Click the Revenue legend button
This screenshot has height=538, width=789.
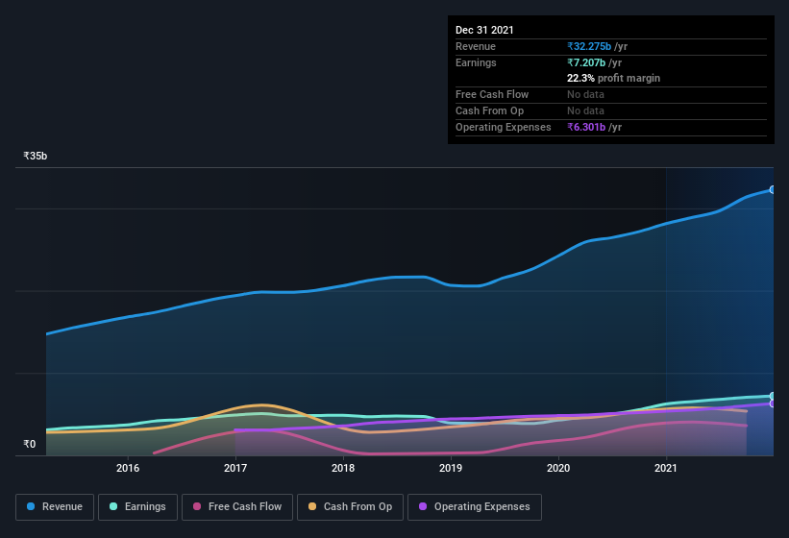click(55, 506)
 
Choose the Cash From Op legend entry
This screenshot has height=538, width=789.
click(350, 506)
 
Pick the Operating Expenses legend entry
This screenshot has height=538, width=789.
click(474, 506)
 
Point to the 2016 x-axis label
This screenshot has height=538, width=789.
click(128, 469)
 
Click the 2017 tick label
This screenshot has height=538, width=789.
click(235, 469)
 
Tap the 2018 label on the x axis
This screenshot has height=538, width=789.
click(343, 469)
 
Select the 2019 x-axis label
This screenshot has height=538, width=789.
click(451, 469)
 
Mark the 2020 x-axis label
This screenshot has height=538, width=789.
click(558, 469)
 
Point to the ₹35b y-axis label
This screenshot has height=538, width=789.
click(36, 156)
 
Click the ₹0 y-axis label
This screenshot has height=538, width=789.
click(29, 444)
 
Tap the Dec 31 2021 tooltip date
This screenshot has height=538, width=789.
click(484, 30)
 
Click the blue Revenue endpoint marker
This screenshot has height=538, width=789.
click(773, 189)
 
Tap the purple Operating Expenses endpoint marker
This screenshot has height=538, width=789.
click(773, 403)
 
